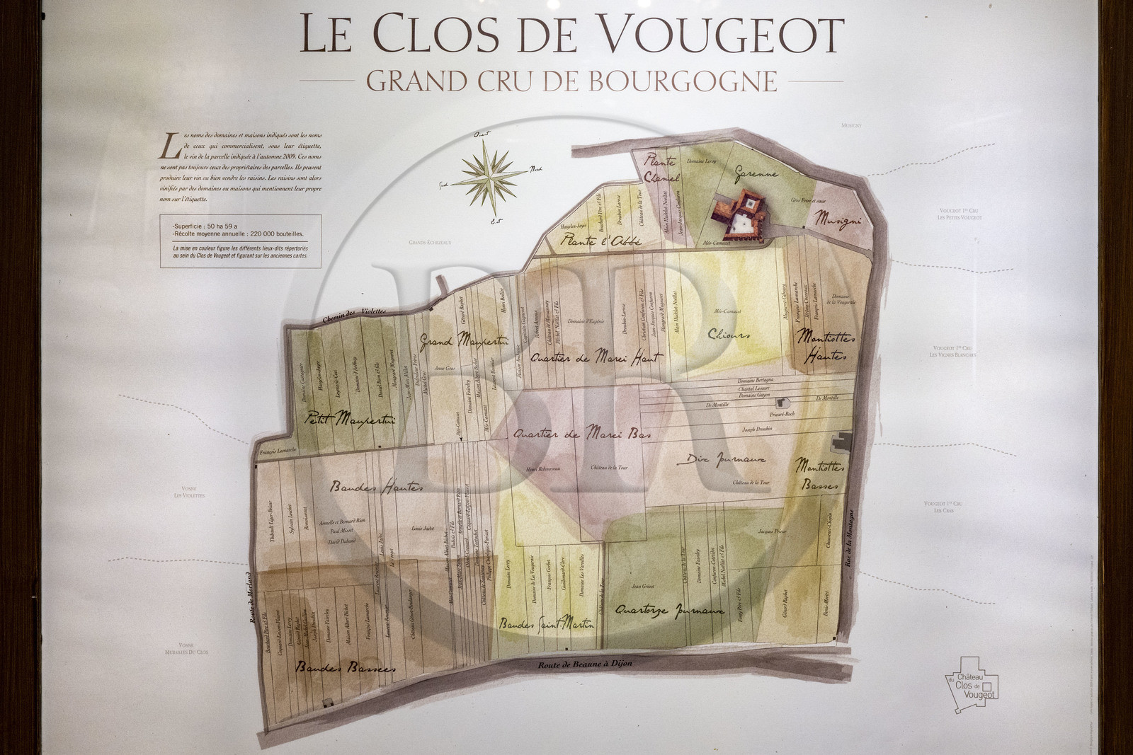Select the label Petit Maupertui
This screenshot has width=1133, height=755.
pyautogui.click(x=349, y=420)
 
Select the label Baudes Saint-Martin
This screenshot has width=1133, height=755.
pyautogui.click(x=546, y=625)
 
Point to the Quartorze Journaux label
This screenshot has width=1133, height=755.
pyautogui.click(x=669, y=610)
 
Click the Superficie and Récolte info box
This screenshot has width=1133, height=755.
pyautogui.click(x=241, y=241)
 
